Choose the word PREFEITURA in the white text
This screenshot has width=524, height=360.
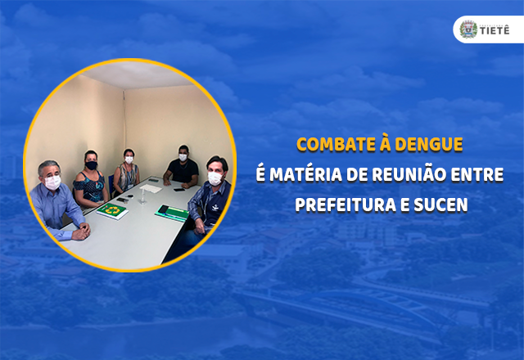coord(348,204)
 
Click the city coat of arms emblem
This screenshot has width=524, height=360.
coord(468,29)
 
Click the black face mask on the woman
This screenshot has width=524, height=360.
coord(91,165)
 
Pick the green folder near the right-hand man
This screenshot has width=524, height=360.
coord(174,212)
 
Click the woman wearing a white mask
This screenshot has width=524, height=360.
coord(127,172)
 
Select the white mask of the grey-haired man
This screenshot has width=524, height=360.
coord(53,182)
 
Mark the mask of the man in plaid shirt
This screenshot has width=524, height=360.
coord(216,178)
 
